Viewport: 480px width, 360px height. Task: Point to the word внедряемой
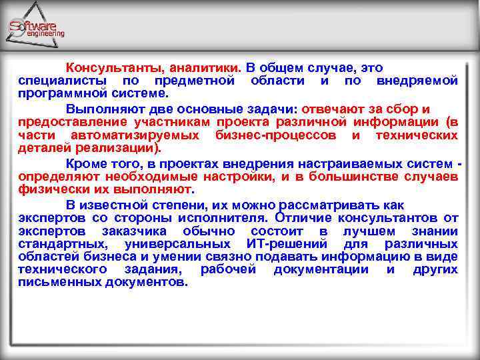click(x=417, y=81)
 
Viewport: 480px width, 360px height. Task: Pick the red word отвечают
click(x=333, y=109)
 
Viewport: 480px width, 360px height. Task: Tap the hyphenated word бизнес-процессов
click(x=279, y=135)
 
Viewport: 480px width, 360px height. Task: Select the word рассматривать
click(x=354, y=205)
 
